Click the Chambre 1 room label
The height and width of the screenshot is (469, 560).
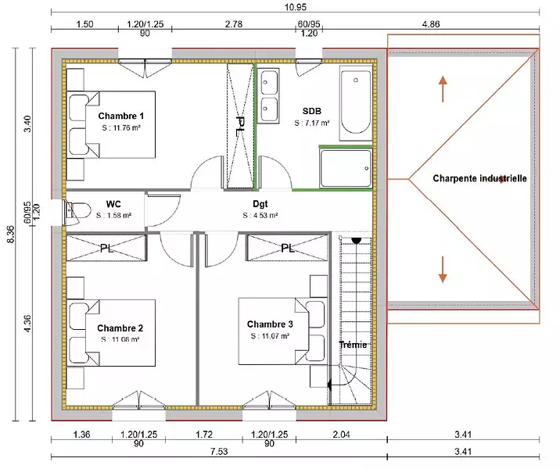coord(120,116)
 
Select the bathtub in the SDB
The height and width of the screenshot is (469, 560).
coord(355,103)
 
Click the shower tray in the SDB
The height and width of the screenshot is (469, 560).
coord(346,168)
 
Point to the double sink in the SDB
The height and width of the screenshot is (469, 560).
coord(268,96)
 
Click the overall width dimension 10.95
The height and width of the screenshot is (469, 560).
coord(296,7)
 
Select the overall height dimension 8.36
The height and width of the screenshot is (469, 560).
coord(12,234)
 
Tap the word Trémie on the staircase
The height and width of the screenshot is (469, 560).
coord(353,345)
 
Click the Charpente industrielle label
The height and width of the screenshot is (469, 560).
coord(479,178)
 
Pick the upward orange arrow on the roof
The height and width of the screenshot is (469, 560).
coord(443,89)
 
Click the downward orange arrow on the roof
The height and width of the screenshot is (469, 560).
coord(443,270)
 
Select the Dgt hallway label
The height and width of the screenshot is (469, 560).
coord(260,204)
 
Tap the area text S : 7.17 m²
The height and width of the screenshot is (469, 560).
coord(312,124)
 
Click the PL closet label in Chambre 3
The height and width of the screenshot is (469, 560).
coord(288,248)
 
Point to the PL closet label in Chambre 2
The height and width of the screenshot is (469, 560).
coord(106,248)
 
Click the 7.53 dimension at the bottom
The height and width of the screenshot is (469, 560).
coord(219,452)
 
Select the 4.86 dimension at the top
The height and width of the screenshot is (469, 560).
coord(431,24)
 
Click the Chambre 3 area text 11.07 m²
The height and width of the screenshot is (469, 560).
coord(270,336)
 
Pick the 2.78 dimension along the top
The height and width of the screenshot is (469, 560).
coord(234,24)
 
